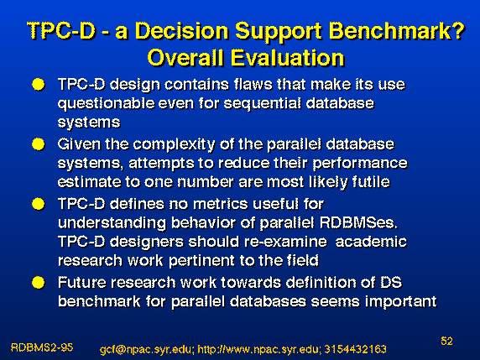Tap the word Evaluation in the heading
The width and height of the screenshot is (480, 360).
288,58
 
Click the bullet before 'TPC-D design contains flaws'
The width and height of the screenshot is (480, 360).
39,85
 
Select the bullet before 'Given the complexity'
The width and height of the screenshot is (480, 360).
39,144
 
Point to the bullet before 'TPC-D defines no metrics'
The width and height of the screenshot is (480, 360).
39,204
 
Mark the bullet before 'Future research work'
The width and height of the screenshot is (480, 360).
39,283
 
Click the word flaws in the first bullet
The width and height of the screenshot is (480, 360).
253,84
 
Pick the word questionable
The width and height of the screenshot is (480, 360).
107,104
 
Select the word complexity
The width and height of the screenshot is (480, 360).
174,145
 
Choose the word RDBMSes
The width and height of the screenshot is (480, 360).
358,223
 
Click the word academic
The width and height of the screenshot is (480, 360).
371,242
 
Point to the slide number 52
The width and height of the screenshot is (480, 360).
446,341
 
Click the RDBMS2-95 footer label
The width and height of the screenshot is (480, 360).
42,347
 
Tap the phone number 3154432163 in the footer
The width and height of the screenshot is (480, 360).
355,349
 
